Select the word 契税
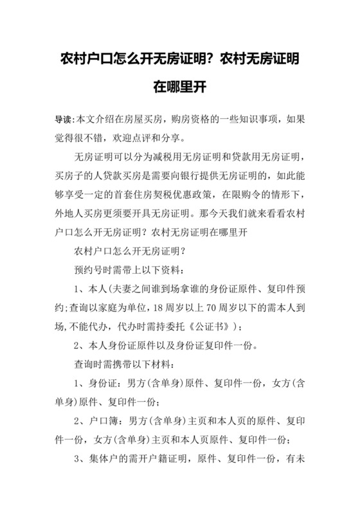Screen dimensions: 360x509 pyautogui.click(x=184, y=193)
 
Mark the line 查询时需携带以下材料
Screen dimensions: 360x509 pyautogui.click(x=125, y=364)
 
